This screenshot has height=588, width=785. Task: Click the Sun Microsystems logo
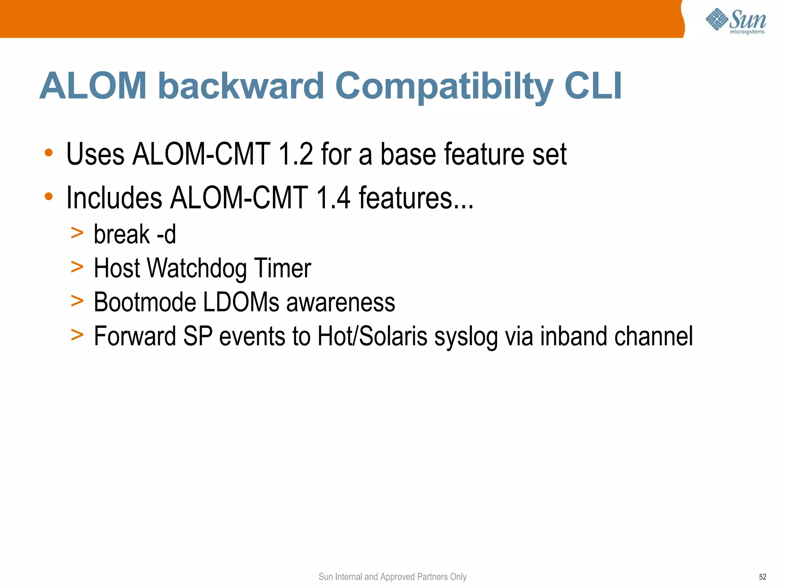tap(736, 21)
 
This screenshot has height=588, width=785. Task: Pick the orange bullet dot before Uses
tap(49, 153)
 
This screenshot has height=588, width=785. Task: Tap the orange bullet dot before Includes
tap(49, 197)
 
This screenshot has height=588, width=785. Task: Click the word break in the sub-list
tap(122, 234)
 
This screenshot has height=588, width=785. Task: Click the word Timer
tap(282, 268)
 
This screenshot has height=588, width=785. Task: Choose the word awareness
tap(341, 302)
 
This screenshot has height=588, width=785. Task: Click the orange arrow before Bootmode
tap(77, 301)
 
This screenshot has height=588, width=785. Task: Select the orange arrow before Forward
tap(77, 335)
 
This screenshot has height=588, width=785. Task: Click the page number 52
tap(762, 577)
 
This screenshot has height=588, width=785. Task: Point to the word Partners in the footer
tap(432, 577)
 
